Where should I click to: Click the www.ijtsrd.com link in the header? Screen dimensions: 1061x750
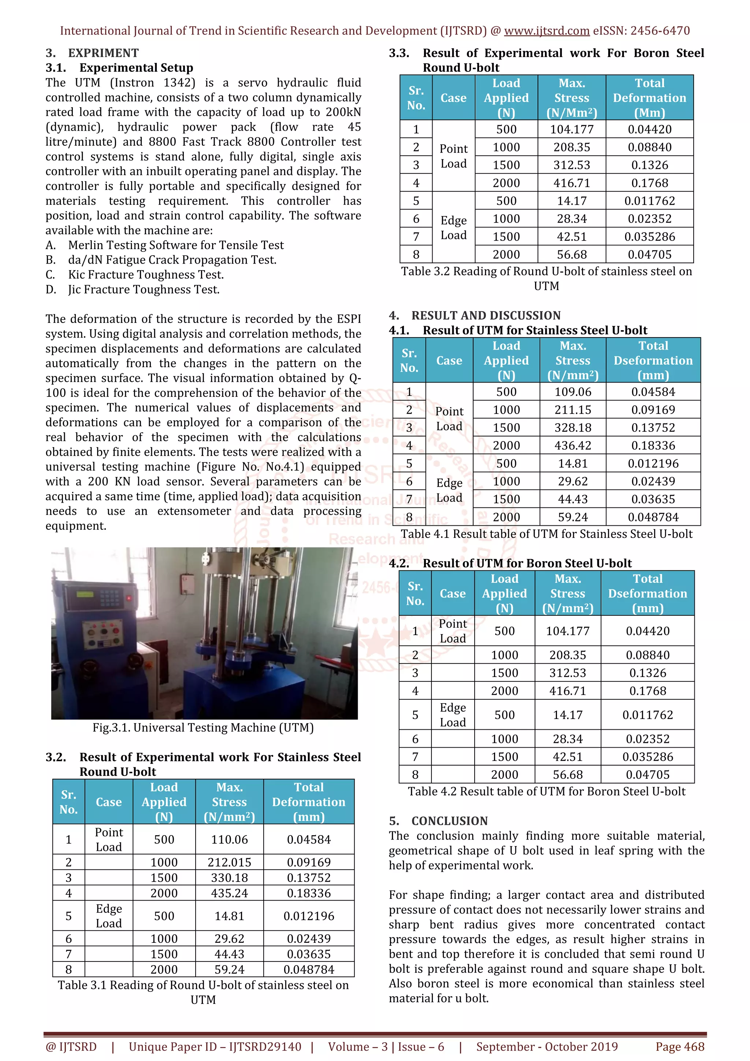[546, 31]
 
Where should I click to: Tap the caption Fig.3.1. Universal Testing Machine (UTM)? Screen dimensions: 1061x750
[203, 727]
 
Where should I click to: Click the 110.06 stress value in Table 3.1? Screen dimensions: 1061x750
[229, 839]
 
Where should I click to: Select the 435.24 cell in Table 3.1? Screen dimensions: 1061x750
[229, 893]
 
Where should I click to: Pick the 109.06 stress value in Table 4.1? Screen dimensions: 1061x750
[572, 392]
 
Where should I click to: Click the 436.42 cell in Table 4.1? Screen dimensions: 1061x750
[572, 446]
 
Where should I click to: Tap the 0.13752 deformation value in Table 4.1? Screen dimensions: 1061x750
[653, 428]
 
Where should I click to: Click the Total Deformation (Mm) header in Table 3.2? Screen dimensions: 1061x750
[649, 98]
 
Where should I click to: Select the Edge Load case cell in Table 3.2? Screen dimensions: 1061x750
[453, 227]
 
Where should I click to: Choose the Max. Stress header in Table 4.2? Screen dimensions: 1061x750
[568, 593]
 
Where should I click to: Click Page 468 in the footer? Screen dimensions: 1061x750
[679, 1047]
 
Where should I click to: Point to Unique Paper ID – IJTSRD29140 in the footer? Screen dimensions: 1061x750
[215, 1047]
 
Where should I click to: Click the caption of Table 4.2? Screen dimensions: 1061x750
[546, 791]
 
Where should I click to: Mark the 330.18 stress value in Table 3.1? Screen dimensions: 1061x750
[229, 878]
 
